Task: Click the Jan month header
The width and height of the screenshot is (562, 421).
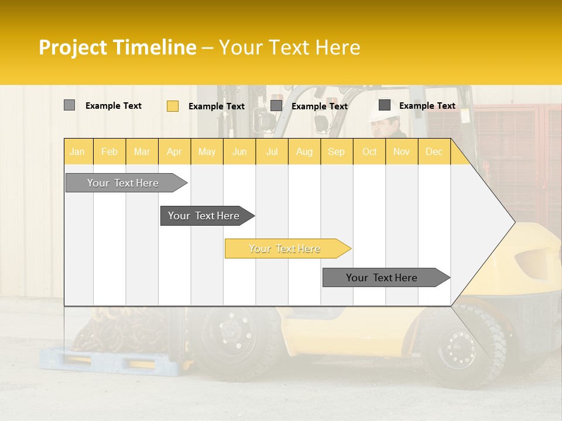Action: point(77,152)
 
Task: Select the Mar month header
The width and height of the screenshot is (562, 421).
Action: point(142,152)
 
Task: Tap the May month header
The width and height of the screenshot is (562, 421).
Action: point(207,152)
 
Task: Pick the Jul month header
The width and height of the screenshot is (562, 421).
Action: point(272,152)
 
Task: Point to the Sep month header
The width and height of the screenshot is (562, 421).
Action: point(336,152)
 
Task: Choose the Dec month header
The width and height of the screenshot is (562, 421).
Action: point(434,152)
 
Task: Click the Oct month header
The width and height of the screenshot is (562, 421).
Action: point(369,152)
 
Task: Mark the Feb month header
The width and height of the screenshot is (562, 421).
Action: point(109,152)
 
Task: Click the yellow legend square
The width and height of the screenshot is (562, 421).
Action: point(173,106)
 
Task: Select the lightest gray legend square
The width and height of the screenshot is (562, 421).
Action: point(69,105)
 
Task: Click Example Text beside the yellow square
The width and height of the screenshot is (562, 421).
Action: point(217,106)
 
